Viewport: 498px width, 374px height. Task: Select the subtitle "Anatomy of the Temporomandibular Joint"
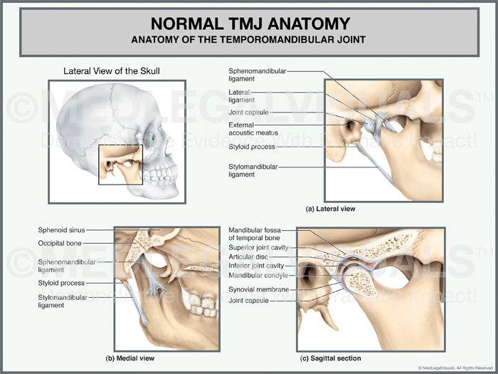tap(248, 39)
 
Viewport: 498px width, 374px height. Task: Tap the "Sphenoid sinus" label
tap(63, 230)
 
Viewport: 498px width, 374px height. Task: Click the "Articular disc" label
tap(249, 256)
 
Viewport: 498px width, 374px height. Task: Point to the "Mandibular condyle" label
tap(258, 275)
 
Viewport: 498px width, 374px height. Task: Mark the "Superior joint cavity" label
tap(258, 247)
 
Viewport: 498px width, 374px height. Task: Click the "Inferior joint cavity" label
tap(256, 266)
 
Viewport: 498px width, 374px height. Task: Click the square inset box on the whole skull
tap(121, 165)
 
